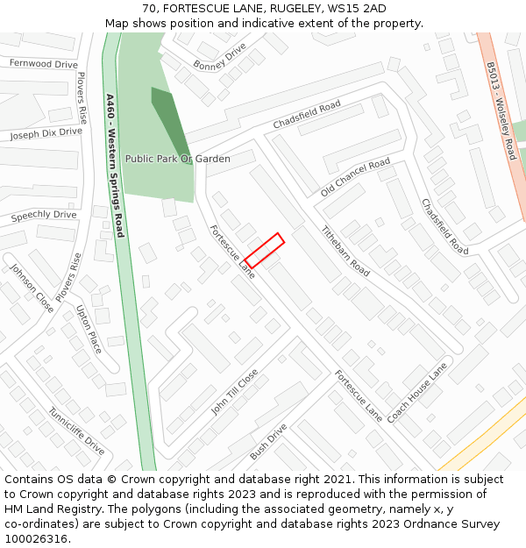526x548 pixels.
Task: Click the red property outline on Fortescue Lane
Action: pyautogui.click(x=264, y=250)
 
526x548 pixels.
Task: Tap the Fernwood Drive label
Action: pyautogui.click(x=43, y=64)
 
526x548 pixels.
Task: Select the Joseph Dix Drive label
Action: pyautogui.click(x=46, y=133)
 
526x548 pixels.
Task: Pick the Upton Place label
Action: pyautogui.click(x=89, y=330)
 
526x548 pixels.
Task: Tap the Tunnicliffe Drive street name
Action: pyautogui.click(x=76, y=431)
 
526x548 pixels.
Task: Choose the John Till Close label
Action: pyautogui.click(x=234, y=392)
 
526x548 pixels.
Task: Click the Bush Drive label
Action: pyautogui.click(x=268, y=442)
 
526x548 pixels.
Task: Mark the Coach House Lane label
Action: pyautogui.click(x=417, y=392)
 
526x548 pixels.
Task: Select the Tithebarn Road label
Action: pyautogui.click(x=345, y=252)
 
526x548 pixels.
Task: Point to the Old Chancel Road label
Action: pyautogui.click(x=355, y=177)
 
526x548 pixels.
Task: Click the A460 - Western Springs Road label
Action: pyautogui.click(x=114, y=166)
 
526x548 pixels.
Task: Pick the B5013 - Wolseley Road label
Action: pyautogui.click(x=501, y=110)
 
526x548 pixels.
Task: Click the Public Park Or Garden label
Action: pyautogui.click(x=177, y=159)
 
